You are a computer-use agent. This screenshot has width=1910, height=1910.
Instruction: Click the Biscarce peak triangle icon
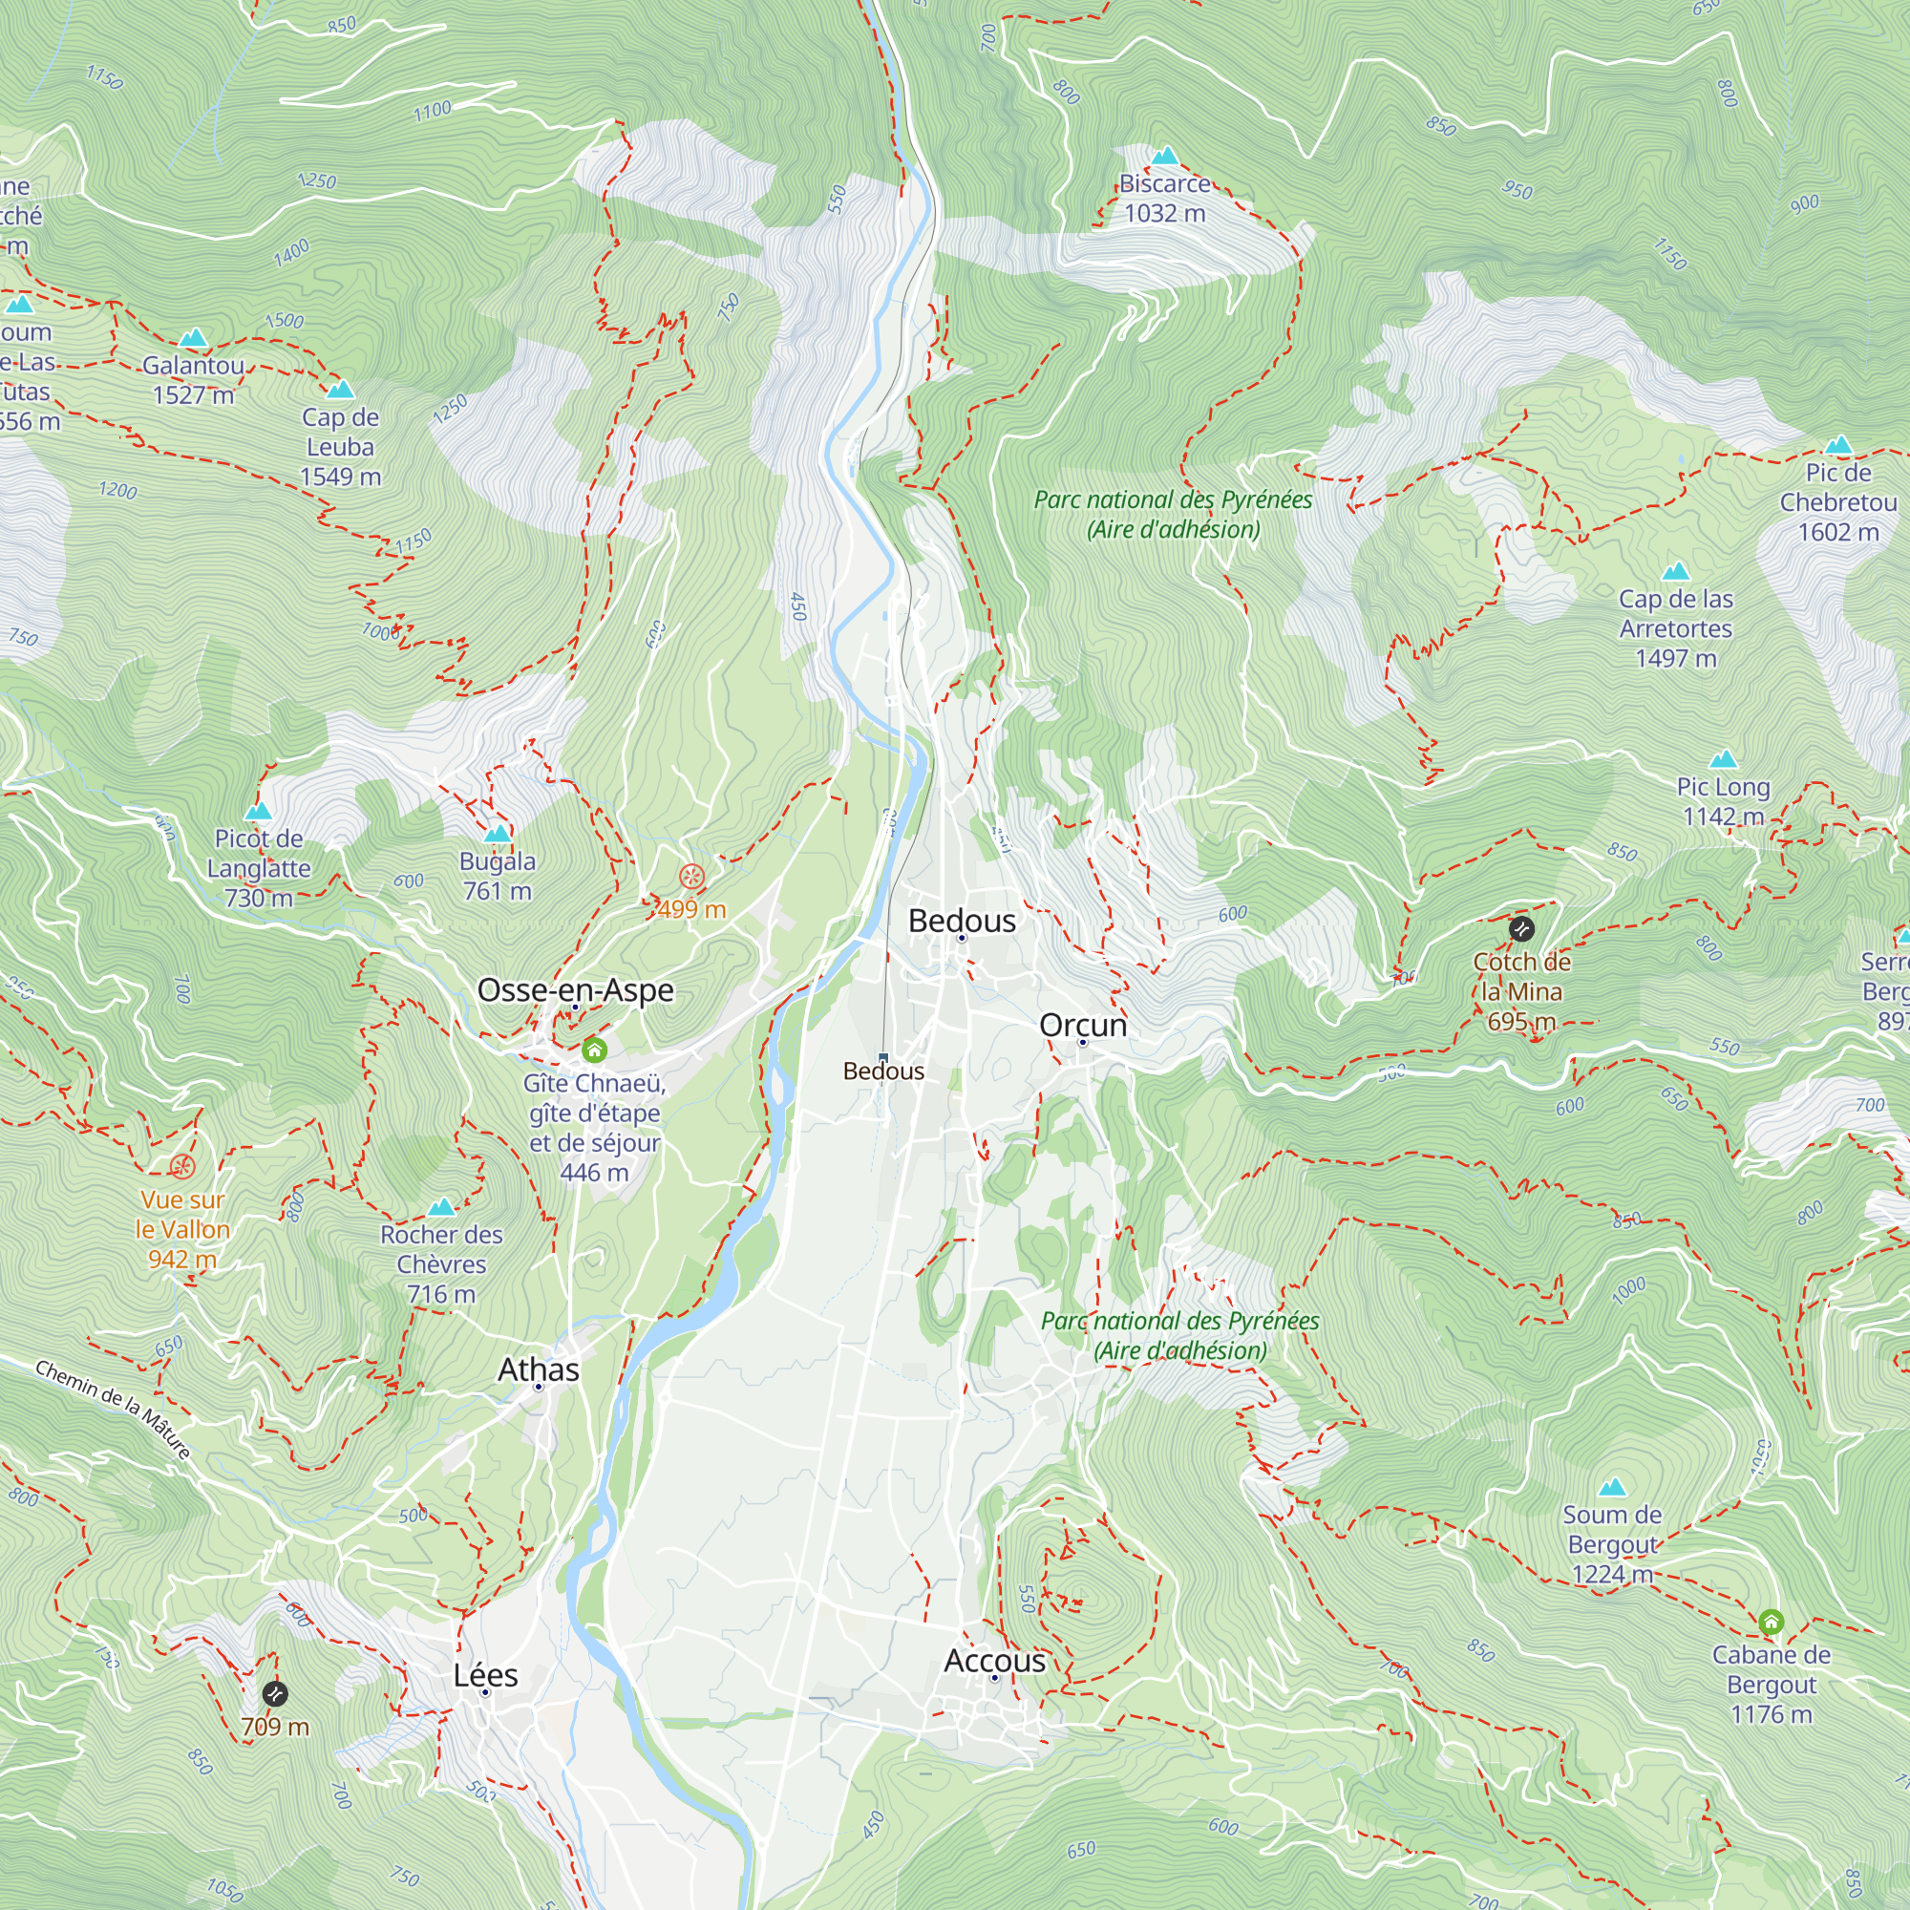pyautogui.click(x=1164, y=156)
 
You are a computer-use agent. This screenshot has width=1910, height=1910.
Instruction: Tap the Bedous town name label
pyautogui.click(x=961, y=921)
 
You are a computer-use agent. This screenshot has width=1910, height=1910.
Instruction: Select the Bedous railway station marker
pyautogui.click(x=882, y=1057)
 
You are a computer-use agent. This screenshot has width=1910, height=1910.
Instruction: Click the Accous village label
pyautogui.click(x=993, y=1660)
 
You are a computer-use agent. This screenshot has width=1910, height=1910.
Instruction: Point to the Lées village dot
pyautogui.click(x=485, y=1692)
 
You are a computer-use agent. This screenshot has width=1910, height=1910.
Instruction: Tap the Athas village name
pyautogui.click(x=538, y=1369)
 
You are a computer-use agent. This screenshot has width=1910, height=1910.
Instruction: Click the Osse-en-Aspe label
pyautogui.click(x=574, y=989)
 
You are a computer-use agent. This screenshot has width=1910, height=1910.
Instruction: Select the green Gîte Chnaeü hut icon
pyautogui.click(x=593, y=1049)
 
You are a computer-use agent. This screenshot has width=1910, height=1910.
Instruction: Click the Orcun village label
pyautogui.click(x=1083, y=1024)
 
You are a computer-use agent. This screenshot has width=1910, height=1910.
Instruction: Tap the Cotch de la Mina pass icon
pyautogui.click(x=1520, y=928)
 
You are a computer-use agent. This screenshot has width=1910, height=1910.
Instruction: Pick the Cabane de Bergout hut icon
pyautogui.click(x=1771, y=1622)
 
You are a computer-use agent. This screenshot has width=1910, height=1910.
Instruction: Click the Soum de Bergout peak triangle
pyautogui.click(x=1611, y=1487)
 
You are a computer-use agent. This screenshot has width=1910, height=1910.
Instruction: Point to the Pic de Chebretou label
pyautogui.click(x=1837, y=502)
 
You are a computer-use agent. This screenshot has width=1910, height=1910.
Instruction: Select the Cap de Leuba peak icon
pyautogui.click(x=340, y=389)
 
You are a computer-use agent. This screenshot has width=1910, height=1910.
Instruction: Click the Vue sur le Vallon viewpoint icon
pyautogui.click(x=181, y=1167)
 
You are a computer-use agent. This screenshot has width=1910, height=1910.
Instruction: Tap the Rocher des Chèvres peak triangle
pyautogui.click(x=441, y=1206)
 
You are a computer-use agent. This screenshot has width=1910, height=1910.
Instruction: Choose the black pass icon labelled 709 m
pyautogui.click(x=275, y=1693)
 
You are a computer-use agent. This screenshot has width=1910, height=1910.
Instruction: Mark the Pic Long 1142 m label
pyautogui.click(x=1722, y=801)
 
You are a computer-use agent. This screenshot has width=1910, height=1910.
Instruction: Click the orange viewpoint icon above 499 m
pyautogui.click(x=692, y=876)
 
